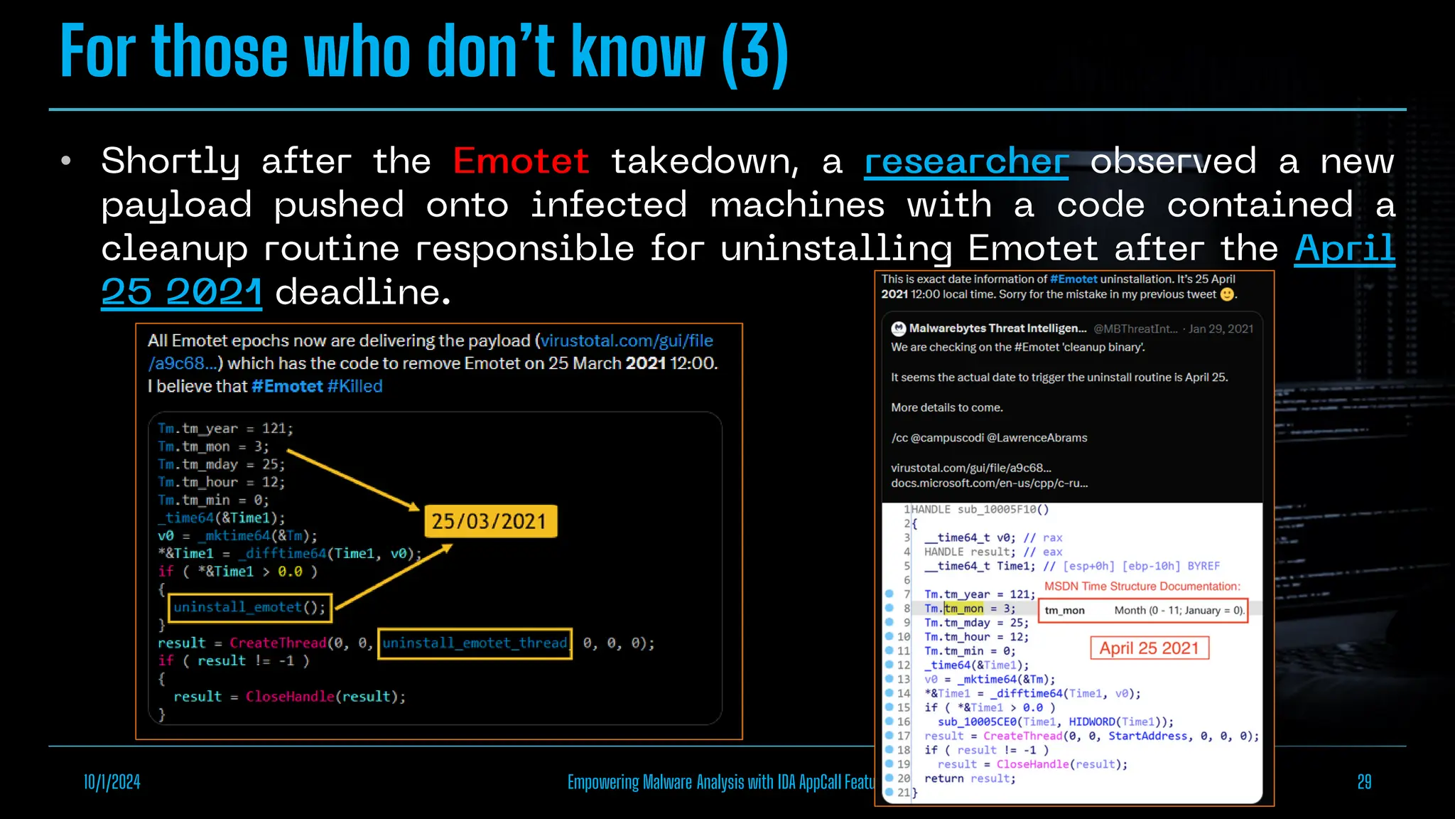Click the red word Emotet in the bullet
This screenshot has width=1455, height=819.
coord(521,161)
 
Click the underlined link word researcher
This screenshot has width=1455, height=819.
coord(966,161)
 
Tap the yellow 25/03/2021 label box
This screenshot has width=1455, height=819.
coord(489,521)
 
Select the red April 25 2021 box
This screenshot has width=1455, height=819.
coord(1149,648)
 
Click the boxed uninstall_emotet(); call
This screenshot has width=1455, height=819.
coord(249,607)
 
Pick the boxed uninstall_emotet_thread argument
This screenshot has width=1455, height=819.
coord(475,643)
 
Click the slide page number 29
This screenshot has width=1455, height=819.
coord(1363,782)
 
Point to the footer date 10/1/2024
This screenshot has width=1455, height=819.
coord(112,782)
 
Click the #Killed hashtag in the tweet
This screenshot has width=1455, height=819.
coord(355,386)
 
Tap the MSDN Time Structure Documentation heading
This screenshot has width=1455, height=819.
coord(1142,587)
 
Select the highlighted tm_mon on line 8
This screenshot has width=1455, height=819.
coord(964,609)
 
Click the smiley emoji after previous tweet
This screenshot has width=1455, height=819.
coord(1227,294)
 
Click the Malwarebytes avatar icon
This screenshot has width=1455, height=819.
coord(899,328)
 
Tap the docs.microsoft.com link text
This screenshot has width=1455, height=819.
coord(989,483)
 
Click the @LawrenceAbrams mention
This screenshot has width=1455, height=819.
coord(1037,438)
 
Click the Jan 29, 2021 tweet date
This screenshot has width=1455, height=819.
coord(1221,328)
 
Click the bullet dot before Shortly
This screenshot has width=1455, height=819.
coord(66,161)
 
